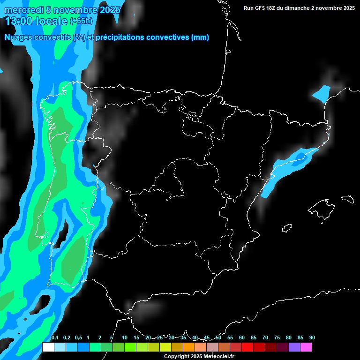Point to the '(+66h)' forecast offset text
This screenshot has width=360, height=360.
click(81, 21)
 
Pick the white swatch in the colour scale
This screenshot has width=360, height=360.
click(48, 347)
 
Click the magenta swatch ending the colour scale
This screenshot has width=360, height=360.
click(306, 347)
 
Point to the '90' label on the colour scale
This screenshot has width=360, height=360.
click(312, 338)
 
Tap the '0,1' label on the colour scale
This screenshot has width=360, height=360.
click(55, 338)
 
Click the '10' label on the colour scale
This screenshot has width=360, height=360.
click(124, 338)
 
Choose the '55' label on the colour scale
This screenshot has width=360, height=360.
click(230, 338)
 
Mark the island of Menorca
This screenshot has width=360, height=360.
click(348, 199)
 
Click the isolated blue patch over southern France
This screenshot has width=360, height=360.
click(322, 93)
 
